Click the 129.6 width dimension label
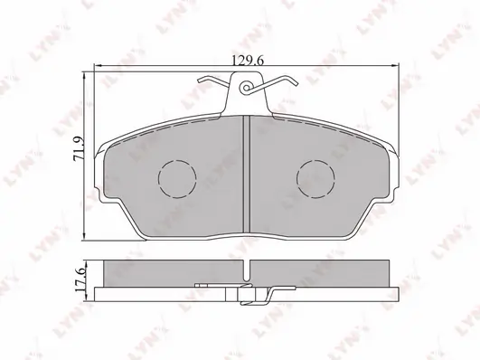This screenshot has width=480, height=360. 248,61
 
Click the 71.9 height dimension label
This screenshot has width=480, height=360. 79,148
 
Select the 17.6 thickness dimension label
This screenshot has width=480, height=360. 80,279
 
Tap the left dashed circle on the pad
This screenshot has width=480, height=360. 177,179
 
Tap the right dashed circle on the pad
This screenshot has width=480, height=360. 315,179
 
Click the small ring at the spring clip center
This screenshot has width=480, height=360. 247,88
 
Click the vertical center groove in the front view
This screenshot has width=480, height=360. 247,174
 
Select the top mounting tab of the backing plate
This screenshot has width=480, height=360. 247,93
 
